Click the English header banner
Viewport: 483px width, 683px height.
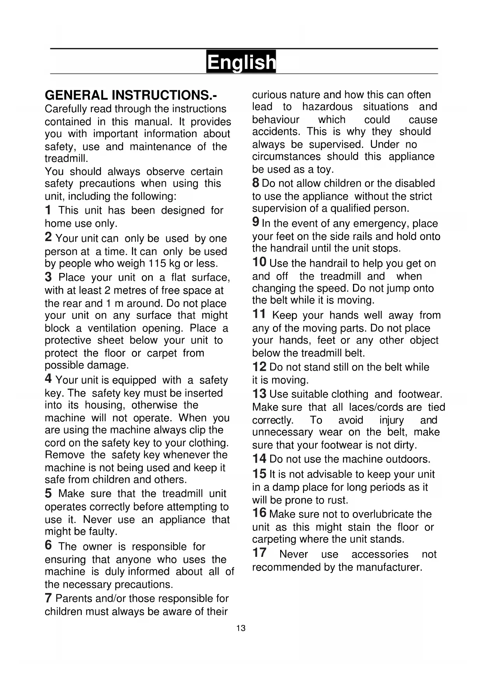point(241,62)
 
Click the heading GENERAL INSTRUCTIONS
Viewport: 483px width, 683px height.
point(131,95)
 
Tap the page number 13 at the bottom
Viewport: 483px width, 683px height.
point(241,628)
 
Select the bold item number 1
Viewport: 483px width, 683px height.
point(48,210)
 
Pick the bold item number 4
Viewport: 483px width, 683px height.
point(48,378)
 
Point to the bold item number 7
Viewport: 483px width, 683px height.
point(48,597)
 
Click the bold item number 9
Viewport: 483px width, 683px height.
point(256,222)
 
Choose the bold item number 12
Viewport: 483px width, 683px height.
point(259,366)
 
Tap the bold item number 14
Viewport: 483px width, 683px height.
point(259,459)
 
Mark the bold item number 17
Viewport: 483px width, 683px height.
point(259,553)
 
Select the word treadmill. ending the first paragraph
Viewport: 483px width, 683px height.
point(67,159)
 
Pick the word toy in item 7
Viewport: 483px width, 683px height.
point(326,170)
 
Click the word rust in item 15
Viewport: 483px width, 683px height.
point(337,500)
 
